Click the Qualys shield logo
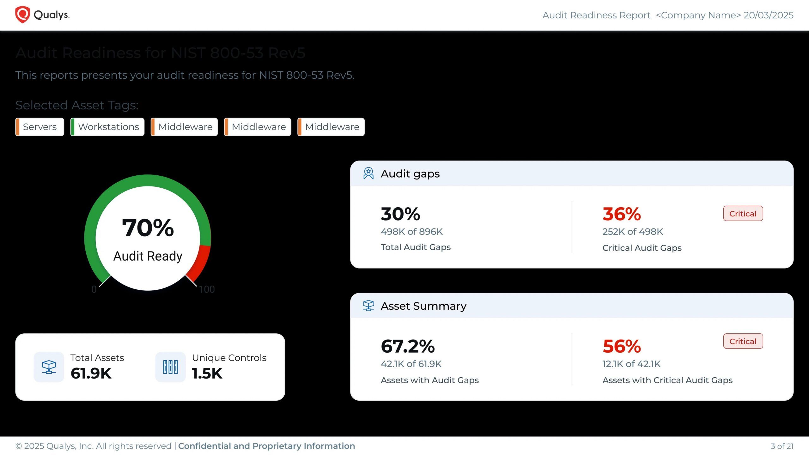pyautogui.click(x=22, y=15)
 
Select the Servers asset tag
pyautogui.click(x=40, y=127)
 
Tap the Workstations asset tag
pyautogui.click(x=108, y=127)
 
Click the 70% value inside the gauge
pyautogui.click(x=148, y=228)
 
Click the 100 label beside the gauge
pyautogui.click(x=207, y=289)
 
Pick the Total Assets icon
pyautogui.click(x=49, y=367)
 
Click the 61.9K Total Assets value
pyautogui.click(x=91, y=373)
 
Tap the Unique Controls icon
pyautogui.click(x=170, y=367)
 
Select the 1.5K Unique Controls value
pyautogui.click(x=207, y=373)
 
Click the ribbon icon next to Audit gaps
pyautogui.click(x=368, y=173)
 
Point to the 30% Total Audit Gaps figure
pyautogui.click(x=400, y=214)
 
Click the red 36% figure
pyautogui.click(x=622, y=214)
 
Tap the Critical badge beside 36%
pyautogui.click(x=743, y=214)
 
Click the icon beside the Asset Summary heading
pyautogui.click(x=368, y=306)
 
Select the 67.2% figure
pyautogui.click(x=408, y=346)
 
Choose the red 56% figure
pyautogui.click(x=622, y=346)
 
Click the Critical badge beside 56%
pyautogui.click(x=743, y=341)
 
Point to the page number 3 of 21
pyautogui.click(x=782, y=446)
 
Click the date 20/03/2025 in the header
pyautogui.click(x=769, y=15)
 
